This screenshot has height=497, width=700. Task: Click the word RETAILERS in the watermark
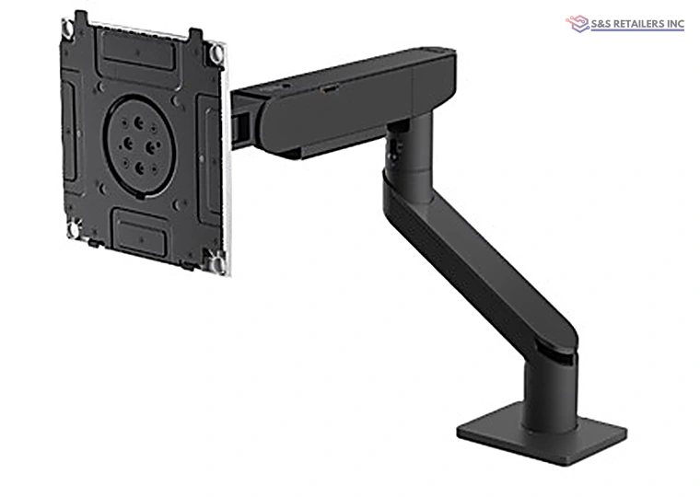(x=637, y=24)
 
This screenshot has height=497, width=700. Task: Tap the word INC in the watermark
(x=674, y=24)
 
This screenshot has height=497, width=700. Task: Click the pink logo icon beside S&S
(x=577, y=24)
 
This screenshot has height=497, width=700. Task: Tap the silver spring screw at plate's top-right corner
(x=217, y=52)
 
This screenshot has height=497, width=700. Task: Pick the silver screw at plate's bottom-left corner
(x=74, y=229)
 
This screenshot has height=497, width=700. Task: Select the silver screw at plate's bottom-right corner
(x=218, y=262)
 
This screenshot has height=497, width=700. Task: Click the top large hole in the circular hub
(x=139, y=121)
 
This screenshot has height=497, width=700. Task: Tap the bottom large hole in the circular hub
(x=140, y=168)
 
